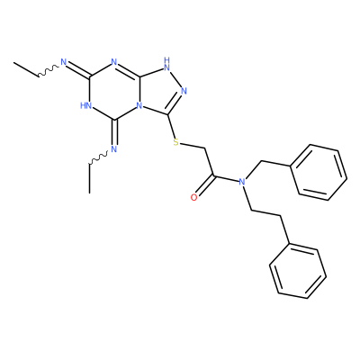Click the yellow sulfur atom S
(176, 142)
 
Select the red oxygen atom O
(194, 197)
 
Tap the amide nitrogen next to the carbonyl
(242, 182)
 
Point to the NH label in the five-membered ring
(167, 64)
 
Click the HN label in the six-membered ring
(85, 105)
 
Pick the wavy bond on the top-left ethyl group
(49, 70)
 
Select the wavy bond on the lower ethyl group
(98, 158)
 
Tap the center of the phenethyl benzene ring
(298, 271)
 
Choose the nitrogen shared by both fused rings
(139, 106)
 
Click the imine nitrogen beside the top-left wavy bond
(63, 62)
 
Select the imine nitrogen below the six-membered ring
(113, 148)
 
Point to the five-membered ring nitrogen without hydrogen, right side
(184, 91)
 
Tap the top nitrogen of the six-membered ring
(113, 62)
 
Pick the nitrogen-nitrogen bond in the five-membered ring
(176, 80)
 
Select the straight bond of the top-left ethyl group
(26, 69)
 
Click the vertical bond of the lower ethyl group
(89, 178)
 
